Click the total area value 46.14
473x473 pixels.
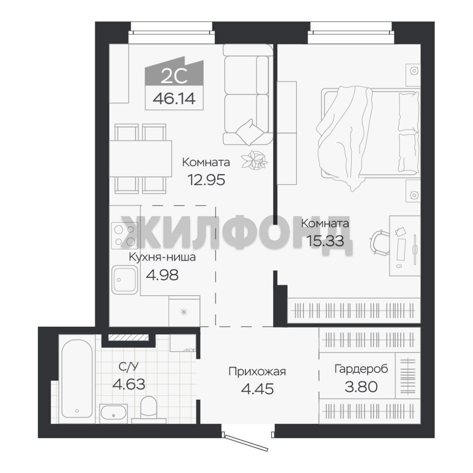(x=174, y=99)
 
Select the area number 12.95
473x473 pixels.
(x=206, y=180)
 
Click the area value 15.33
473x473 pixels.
(x=325, y=241)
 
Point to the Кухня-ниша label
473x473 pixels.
(x=162, y=258)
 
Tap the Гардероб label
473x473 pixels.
(x=361, y=369)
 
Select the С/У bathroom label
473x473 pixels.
(x=128, y=367)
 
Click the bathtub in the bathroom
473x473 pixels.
(x=77, y=378)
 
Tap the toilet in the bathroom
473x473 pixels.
(x=149, y=409)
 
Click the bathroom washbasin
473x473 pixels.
(x=113, y=413)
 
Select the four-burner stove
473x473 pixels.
(x=124, y=236)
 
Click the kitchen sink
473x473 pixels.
(x=124, y=279)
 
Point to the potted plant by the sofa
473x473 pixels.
(x=255, y=159)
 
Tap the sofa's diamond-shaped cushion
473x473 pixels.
(x=250, y=132)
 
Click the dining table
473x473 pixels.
(x=140, y=159)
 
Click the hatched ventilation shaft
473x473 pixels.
(x=128, y=338)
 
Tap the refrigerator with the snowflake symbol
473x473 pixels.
(x=184, y=311)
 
